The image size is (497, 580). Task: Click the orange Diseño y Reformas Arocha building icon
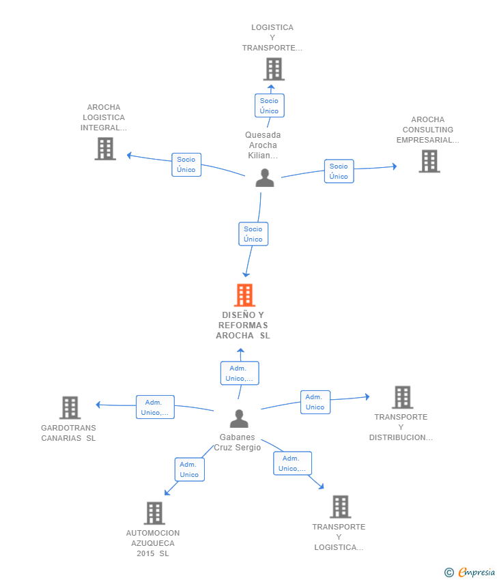244,295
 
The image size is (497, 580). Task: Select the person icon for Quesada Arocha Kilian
264,177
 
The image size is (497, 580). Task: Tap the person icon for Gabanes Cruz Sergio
239,418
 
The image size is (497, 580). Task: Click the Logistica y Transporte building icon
274,69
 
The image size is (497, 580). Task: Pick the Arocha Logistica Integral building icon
105,148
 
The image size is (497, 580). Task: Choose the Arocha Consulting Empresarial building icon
429,161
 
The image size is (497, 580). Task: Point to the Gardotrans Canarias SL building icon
70,407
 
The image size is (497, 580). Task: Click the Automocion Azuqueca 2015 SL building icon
154,513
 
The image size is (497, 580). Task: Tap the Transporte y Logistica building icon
340,507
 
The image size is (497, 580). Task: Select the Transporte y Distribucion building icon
402,397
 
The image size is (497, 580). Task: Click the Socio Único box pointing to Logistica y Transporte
269,106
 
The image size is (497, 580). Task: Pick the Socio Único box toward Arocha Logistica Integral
186,164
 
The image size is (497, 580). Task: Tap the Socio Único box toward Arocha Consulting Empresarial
339,171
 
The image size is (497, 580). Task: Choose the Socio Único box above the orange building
253,234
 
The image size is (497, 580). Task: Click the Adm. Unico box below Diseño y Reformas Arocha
240,373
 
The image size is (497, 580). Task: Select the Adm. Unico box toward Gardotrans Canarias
155,407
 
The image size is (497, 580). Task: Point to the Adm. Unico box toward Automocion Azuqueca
189,469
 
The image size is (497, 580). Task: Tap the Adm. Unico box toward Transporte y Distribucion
315,402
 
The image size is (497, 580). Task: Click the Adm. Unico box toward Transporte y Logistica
292,463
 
